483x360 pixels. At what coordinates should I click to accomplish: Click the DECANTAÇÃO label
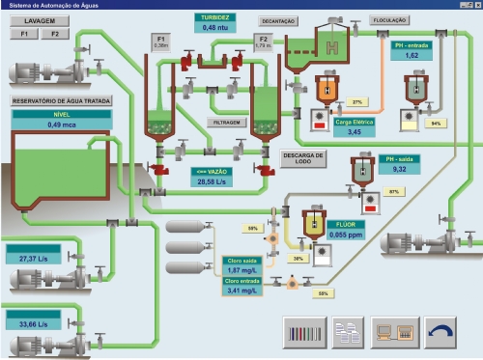[x=278, y=20]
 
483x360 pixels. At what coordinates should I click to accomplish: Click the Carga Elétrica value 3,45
[x=355, y=131]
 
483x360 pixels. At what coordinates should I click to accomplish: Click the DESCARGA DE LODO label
[x=303, y=157]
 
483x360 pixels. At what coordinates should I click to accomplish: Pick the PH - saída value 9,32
[x=399, y=169]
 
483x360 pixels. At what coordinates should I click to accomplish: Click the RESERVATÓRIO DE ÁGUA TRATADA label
[x=61, y=100]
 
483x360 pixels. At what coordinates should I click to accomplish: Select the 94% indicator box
[x=435, y=124]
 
